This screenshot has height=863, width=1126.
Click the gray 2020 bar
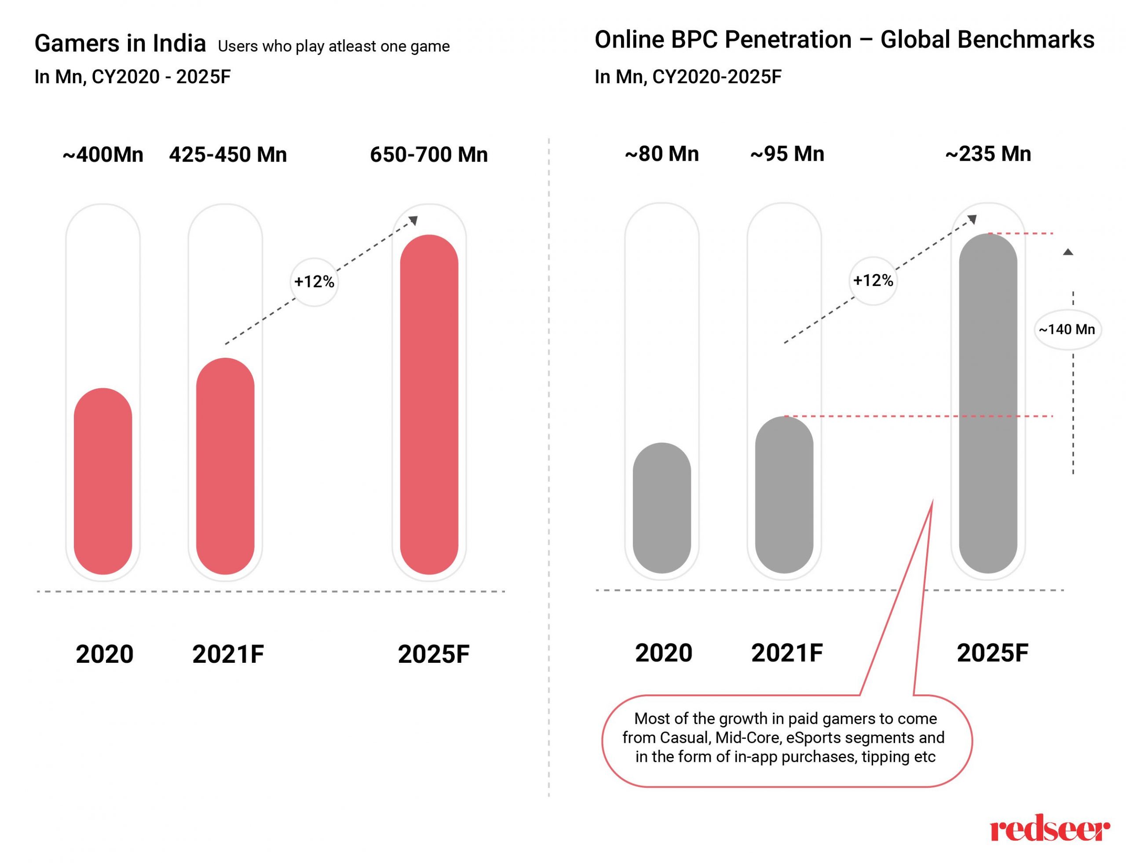(662, 507)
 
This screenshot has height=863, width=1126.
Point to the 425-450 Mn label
(227, 154)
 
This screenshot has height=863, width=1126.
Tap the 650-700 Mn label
(429, 154)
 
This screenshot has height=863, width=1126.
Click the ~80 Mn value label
(662, 154)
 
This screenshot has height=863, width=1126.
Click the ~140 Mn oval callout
(1067, 329)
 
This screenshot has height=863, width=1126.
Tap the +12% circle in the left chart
(314, 282)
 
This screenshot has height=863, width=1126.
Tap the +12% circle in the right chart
(872, 280)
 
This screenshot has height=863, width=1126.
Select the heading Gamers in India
(120, 43)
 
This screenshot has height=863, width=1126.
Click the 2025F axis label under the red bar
(433, 654)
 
